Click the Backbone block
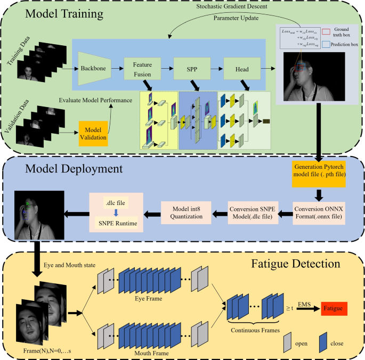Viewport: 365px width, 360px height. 94,69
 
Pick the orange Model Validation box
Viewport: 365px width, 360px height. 94,134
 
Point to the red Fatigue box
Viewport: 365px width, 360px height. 332,308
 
